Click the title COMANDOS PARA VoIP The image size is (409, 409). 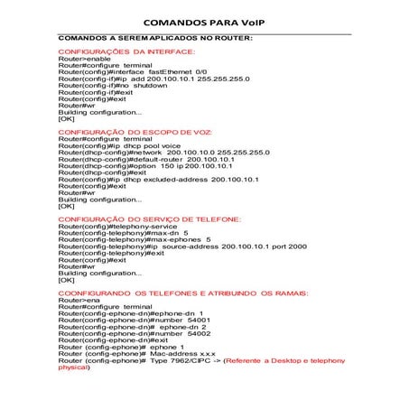(x=204, y=20)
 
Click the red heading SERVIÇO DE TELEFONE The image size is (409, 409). (x=150, y=219)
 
